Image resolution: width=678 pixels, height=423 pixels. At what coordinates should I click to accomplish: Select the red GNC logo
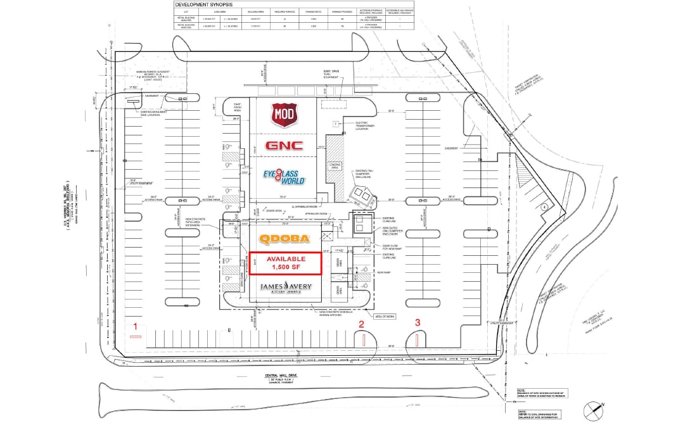pos(285,145)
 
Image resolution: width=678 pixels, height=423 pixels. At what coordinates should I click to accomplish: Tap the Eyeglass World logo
pos(285,177)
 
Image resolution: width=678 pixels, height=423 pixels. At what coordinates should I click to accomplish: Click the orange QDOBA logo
pos(285,239)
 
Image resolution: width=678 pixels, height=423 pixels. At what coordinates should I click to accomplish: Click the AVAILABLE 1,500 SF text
pos(286,263)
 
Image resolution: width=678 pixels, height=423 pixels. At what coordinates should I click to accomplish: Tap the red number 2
pos(362,324)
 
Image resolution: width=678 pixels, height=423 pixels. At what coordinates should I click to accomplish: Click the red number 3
pos(417,322)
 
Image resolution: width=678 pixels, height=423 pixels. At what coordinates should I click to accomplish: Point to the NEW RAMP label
pos(382,272)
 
